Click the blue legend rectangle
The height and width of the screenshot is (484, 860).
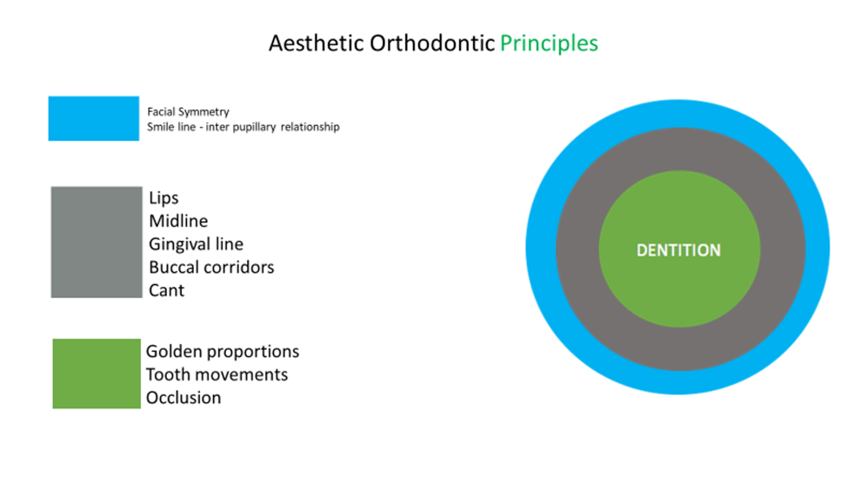[93, 118]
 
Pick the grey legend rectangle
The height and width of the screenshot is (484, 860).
[96, 242]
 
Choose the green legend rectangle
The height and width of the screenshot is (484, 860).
[96, 374]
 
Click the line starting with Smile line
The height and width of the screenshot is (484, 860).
[243, 127]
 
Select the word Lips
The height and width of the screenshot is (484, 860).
[163, 198]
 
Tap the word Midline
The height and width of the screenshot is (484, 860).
[178, 222]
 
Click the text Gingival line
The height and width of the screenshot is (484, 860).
[196, 244]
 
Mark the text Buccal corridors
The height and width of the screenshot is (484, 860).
[211, 267]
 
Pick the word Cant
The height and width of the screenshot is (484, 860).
[166, 289]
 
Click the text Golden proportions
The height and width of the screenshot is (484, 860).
[223, 352]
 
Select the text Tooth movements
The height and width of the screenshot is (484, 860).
[217, 375]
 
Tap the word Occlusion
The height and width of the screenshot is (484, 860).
[183, 397]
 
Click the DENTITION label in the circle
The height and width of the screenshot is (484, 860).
[678, 250]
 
